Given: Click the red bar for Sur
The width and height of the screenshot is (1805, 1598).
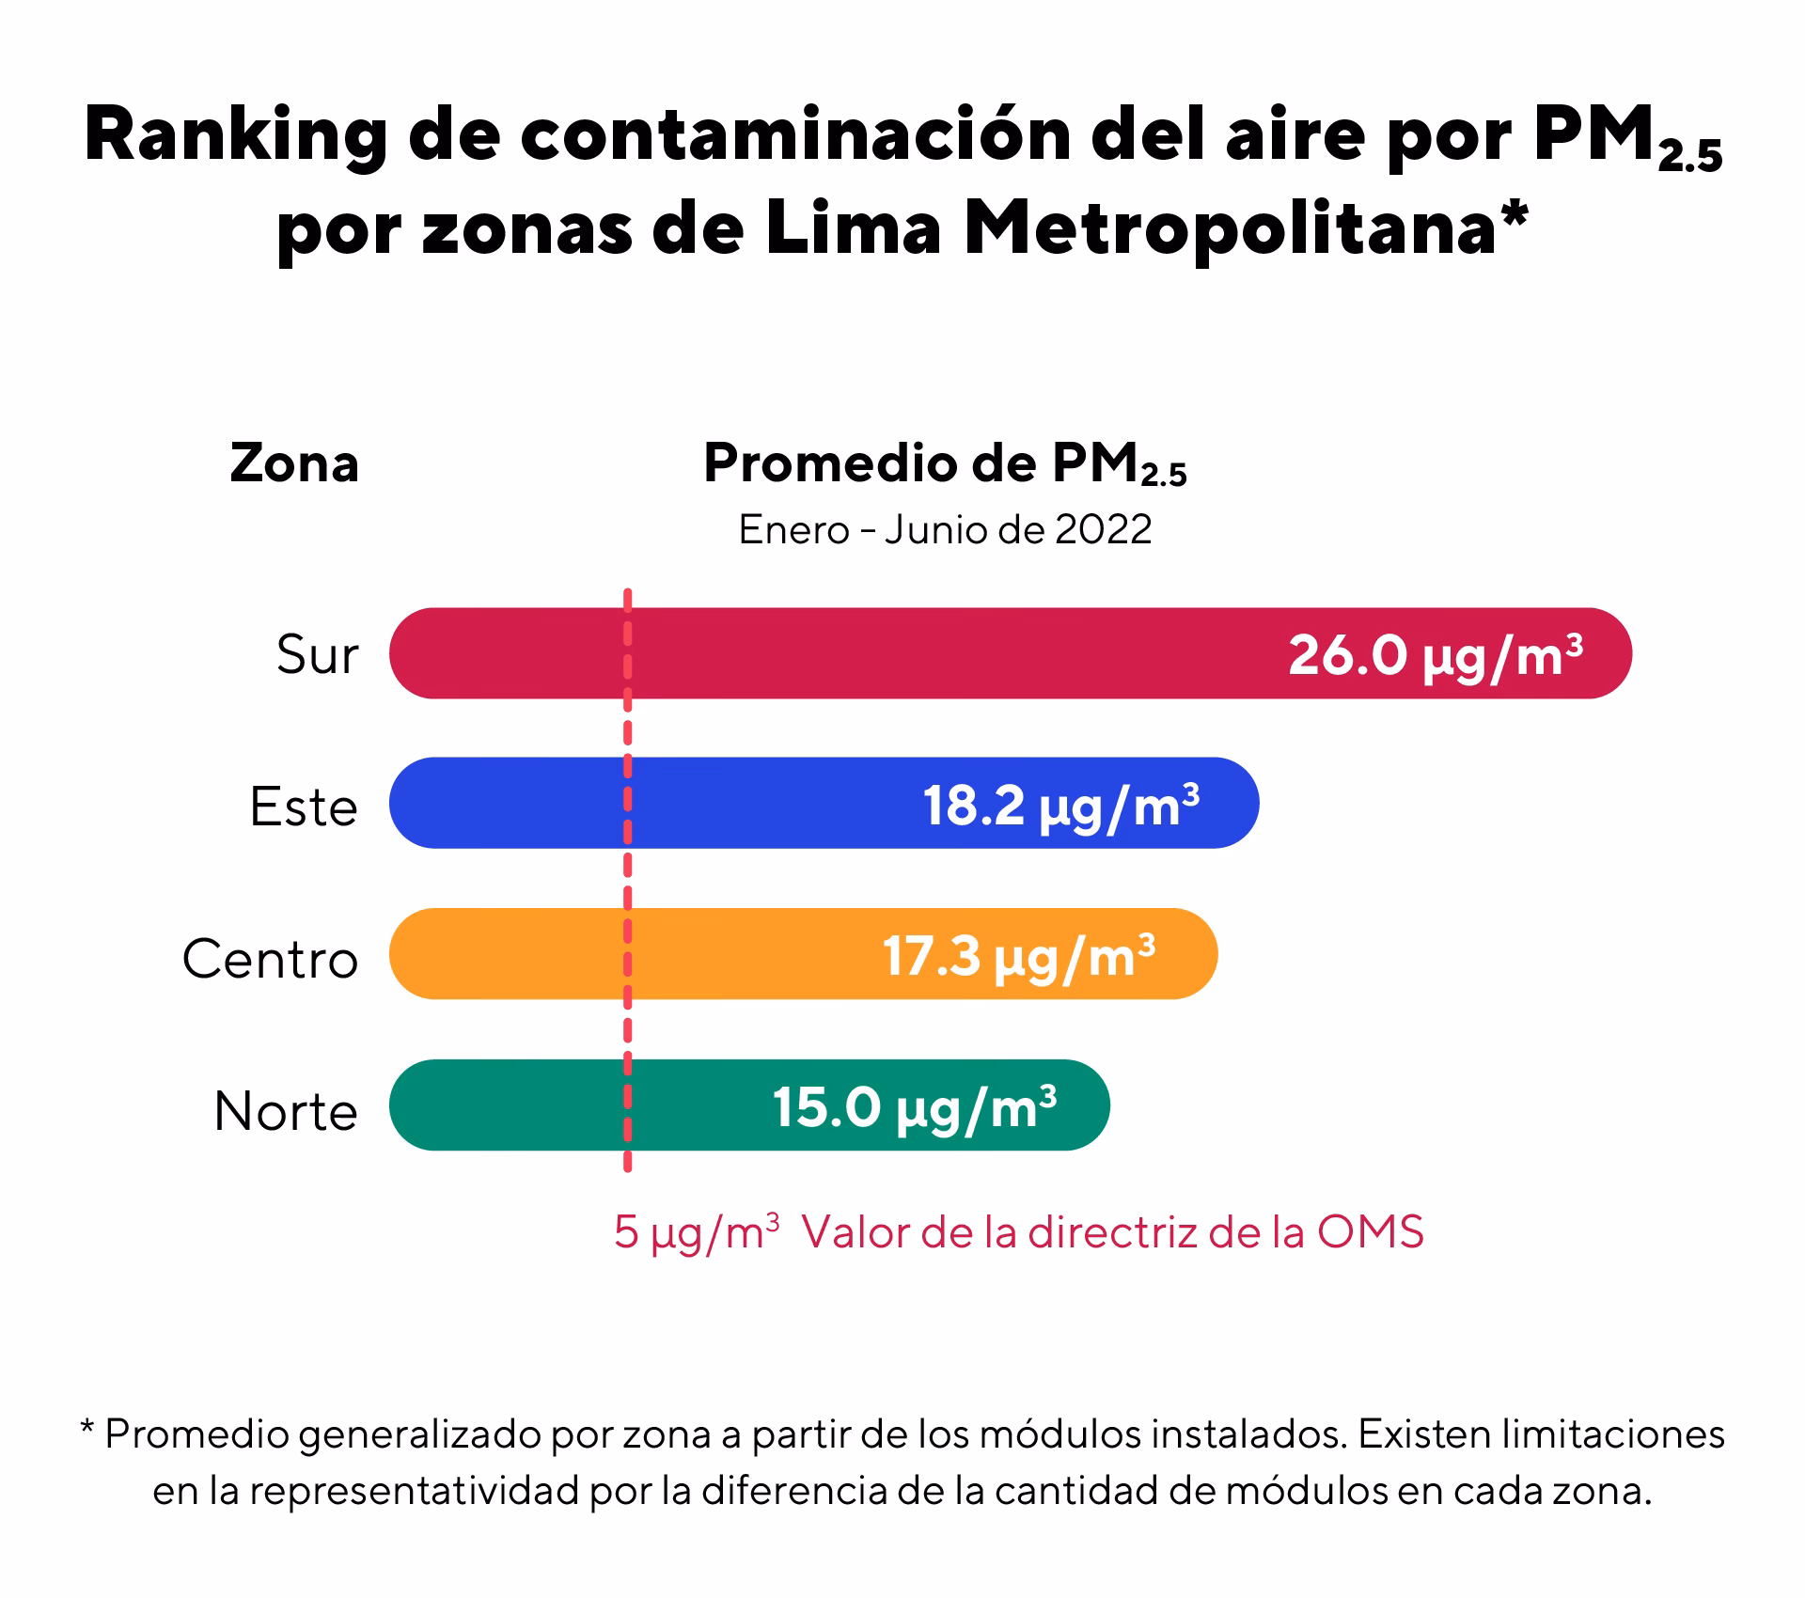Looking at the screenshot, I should [940, 653].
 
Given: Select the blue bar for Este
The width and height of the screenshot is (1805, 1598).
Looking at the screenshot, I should [752, 803].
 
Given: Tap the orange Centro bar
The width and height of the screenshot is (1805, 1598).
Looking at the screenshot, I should [733, 953].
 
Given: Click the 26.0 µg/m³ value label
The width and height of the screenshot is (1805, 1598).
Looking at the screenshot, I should [1435, 655].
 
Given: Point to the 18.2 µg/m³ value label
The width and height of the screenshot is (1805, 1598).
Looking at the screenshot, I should [1060, 806].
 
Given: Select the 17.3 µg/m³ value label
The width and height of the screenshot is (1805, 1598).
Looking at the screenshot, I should [1018, 956].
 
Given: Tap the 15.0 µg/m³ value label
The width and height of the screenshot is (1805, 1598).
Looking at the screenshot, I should [914, 1107].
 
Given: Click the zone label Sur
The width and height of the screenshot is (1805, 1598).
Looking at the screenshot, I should [318, 655].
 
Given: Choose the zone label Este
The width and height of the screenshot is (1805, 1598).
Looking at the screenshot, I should [304, 807].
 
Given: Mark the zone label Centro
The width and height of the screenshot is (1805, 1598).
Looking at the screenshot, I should [271, 959].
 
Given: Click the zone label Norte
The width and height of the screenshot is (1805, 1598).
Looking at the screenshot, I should [286, 1111].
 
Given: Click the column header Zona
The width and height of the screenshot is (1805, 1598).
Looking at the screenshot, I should [294, 463].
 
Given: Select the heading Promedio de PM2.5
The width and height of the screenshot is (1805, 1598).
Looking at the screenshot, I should [945, 464].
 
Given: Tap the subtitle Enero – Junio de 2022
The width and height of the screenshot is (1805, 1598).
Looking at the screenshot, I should [945, 530].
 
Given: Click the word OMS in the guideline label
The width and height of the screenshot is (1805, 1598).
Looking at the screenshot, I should [1370, 1232].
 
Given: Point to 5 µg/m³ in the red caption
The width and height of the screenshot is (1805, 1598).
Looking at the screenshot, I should [696, 1232].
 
